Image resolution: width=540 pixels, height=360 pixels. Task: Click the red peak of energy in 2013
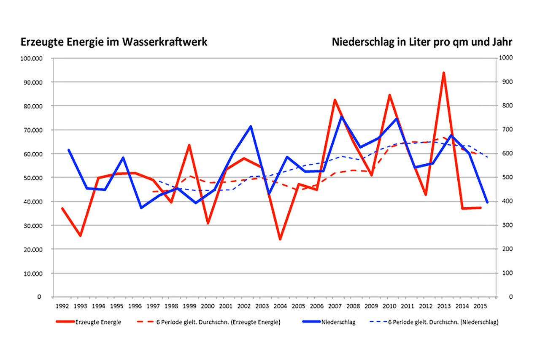(x=444, y=73)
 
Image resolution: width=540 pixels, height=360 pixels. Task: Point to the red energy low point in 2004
(x=280, y=239)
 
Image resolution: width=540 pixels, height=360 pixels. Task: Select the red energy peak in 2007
(x=335, y=100)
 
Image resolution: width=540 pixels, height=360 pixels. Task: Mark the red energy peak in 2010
(x=389, y=95)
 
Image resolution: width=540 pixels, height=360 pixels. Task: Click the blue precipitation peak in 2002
(x=251, y=126)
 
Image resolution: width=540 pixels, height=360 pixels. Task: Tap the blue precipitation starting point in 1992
(x=68, y=150)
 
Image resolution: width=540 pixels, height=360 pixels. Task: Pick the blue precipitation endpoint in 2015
(x=487, y=203)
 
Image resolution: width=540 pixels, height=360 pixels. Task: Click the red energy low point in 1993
(x=80, y=235)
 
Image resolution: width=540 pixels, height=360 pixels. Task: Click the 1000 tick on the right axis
(x=506, y=58)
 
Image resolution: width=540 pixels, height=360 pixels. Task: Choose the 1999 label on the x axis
(x=189, y=305)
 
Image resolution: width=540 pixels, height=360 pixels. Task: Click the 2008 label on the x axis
(x=353, y=305)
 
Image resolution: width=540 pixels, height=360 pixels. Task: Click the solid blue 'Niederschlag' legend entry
(x=329, y=322)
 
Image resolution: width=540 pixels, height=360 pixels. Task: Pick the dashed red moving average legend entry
(x=208, y=322)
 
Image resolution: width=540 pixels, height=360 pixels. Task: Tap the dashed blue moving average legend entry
(x=435, y=322)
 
